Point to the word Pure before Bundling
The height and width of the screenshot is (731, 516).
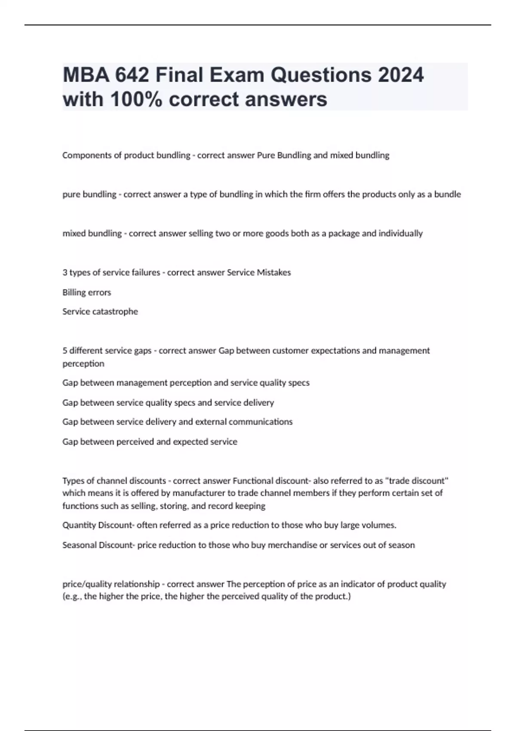[266, 155]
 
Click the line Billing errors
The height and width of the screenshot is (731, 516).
[86, 292]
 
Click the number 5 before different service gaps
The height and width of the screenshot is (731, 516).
[64, 351]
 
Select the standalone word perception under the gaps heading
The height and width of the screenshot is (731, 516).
[83, 364]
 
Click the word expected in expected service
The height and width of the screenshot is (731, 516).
[190, 442]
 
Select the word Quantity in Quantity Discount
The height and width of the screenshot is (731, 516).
[79, 525]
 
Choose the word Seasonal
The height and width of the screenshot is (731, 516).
[80, 545]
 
